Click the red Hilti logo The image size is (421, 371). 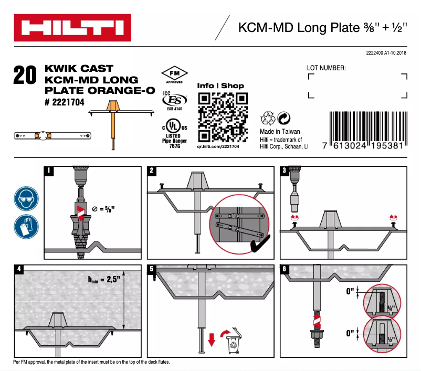[72, 29]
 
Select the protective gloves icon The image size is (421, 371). [25, 226]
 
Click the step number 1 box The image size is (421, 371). [49, 171]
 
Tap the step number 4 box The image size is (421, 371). [19, 269]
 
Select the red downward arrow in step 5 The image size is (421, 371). [212, 340]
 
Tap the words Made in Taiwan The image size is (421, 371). [280, 131]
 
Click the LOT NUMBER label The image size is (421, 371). [326, 68]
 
